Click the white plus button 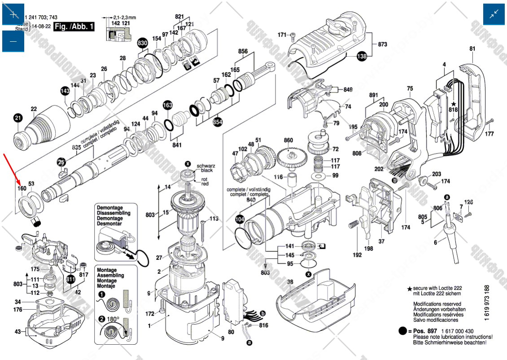[13, 14]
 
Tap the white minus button [13, 41]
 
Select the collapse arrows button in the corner [494, 14]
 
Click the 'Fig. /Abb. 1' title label [74, 26]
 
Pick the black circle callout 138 [362, 56]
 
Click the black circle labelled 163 [167, 105]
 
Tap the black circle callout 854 [218, 122]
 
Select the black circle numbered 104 [240, 220]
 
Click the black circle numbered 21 [17, 119]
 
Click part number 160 [22, 189]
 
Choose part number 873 [382, 44]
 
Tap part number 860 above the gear [288, 140]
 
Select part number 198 [368, 248]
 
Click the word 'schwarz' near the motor [206, 166]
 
